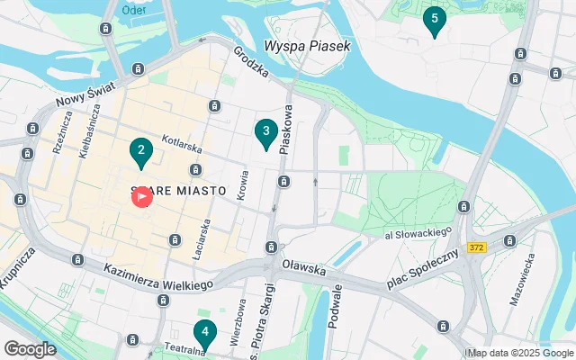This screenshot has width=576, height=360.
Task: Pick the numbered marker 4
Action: (x=205, y=334)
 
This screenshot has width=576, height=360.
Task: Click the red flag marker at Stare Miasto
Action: (x=142, y=197)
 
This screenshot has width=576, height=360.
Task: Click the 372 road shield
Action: (x=477, y=247)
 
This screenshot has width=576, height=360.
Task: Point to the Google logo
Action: (x=30, y=349)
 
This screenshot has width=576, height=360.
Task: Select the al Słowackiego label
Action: (x=417, y=233)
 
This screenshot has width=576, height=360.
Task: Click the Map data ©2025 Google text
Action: (x=520, y=352)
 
